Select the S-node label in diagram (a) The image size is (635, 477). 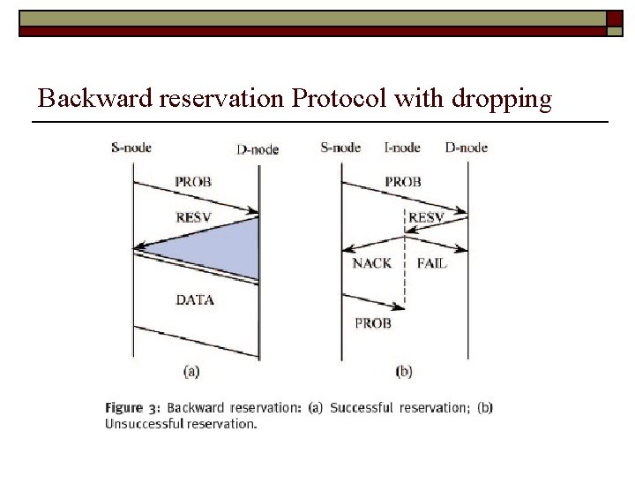tap(131, 147)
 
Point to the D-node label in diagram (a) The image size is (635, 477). tap(258, 149)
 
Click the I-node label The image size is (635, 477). tap(402, 147)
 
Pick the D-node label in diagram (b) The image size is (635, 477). tap(466, 147)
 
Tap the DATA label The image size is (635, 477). tap(195, 300)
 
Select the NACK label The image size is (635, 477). tap(371, 263)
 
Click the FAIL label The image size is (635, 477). tap(431, 263)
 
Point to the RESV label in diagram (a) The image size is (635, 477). tap(195, 216)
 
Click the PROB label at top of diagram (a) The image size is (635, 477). tap(193, 182)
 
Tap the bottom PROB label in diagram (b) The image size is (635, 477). tap(372, 323)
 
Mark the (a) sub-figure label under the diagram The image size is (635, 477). tap(190, 372)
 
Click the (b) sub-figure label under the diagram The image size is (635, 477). tap(404, 372)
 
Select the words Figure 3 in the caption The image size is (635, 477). tap(132, 408)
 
